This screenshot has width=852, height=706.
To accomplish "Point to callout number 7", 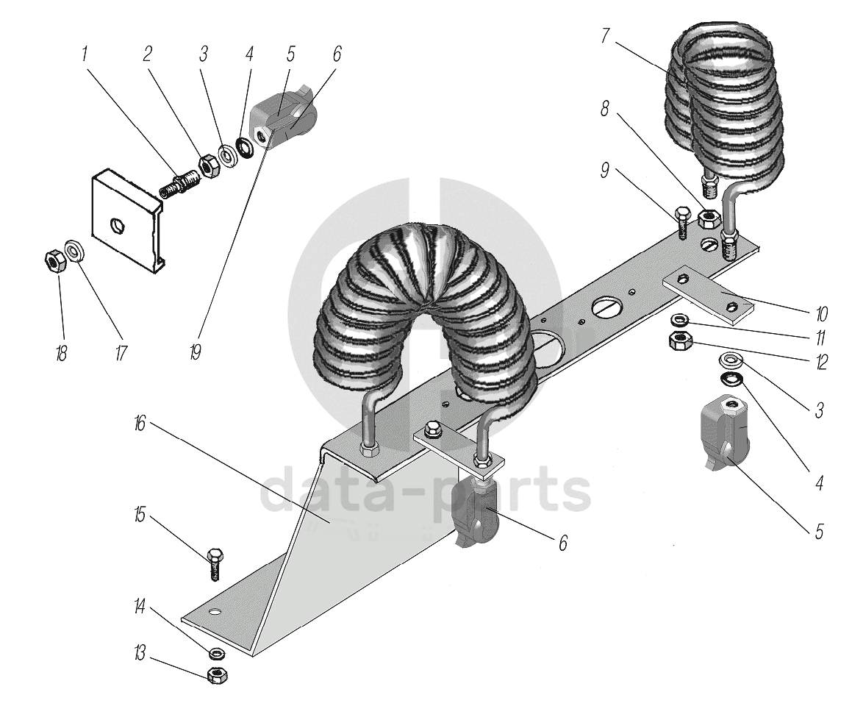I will (604, 37).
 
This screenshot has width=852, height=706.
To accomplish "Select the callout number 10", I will (820, 314).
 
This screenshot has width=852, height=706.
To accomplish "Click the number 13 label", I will (139, 654).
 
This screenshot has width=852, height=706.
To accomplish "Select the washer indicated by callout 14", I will (217, 653).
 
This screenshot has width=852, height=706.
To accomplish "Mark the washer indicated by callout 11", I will (680, 321).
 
